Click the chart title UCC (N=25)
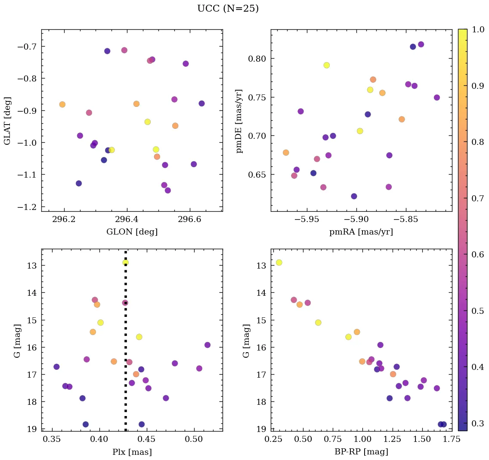click(x=228, y=9)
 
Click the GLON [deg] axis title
click(x=132, y=232)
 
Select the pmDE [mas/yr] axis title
click(x=239, y=121)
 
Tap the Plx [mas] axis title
click(x=132, y=452)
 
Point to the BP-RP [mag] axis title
click(x=361, y=452)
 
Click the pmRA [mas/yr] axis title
click(x=361, y=232)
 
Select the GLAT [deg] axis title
click(x=7, y=121)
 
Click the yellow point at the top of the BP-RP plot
click(x=279, y=263)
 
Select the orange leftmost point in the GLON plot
click(x=62, y=104)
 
